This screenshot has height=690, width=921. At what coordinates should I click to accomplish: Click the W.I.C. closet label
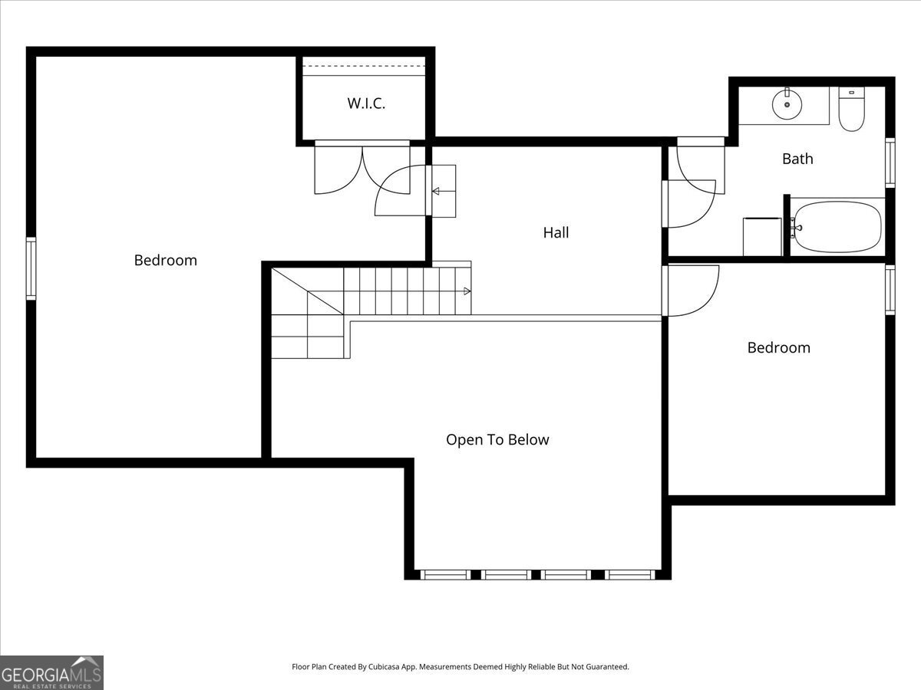(x=366, y=103)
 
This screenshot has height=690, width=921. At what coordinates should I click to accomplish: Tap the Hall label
(x=556, y=232)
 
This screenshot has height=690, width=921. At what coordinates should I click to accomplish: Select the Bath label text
(x=797, y=159)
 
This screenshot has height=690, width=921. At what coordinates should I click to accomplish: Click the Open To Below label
(x=497, y=440)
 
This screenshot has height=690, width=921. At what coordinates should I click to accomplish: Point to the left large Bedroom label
(x=165, y=260)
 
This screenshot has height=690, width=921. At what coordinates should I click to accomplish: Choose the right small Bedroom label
(x=778, y=347)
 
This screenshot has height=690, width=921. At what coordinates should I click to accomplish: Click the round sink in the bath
(x=787, y=103)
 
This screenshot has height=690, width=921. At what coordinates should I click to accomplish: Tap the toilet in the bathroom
(x=851, y=110)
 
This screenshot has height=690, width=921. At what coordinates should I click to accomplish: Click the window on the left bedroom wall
(x=31, y=268)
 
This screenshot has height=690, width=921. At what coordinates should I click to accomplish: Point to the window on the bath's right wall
(x=890, y=163)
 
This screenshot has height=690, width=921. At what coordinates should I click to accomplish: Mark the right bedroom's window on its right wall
(x=890, y=289)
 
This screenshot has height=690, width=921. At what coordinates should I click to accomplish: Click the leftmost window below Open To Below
(x=446, y=574)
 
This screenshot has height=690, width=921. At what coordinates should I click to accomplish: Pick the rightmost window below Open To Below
(x=630, y=574)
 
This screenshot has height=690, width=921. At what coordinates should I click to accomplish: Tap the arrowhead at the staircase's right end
(x=467, y=291)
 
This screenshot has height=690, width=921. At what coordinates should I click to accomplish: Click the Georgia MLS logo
(x=51, y=672)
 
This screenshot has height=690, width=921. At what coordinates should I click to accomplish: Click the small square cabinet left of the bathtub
(x=761, y=237)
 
